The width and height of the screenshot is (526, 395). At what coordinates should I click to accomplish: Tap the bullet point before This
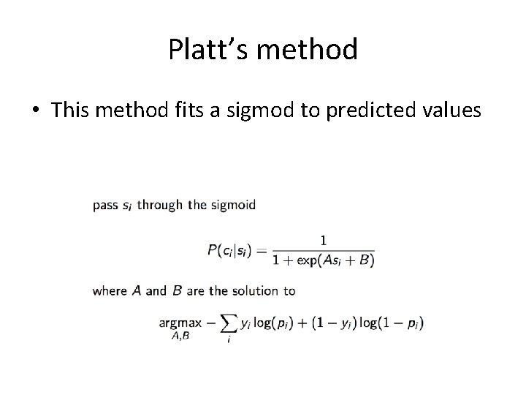(x=35, y=110)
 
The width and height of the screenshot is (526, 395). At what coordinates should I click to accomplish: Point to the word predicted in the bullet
(x=377, y=110)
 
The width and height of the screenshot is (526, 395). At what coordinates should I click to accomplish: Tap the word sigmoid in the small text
(x=233, y=205)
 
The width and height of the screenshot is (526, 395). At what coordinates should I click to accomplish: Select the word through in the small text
(x=159, y=205)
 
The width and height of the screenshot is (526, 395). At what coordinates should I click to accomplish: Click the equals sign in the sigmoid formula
(x=261, y=249)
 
